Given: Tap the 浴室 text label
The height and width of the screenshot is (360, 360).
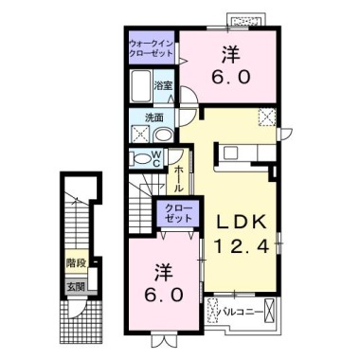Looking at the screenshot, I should [x=164, y=86].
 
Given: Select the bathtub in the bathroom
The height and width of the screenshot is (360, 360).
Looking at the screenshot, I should [x=141, y=91].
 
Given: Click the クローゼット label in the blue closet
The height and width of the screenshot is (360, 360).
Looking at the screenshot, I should [x=177, y=212].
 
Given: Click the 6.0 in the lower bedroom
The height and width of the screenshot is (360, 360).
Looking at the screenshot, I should [x=165, y=294].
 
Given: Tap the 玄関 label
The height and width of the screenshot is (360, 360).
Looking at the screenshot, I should [x=74, y=285].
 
